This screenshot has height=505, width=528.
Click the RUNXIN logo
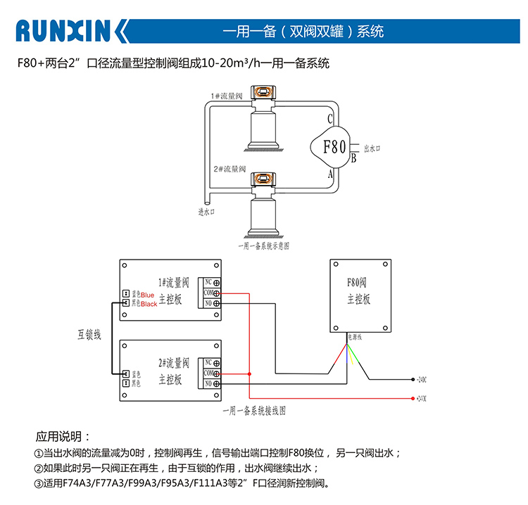pyautogui.click(x=71, y=32)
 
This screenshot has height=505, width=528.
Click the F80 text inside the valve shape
pyautogui.click(x=334, y=147)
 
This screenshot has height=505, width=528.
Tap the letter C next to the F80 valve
pyautogui.click(x=329, y=119)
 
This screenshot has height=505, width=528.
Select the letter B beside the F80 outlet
pyautogui.click(x=353, y=158)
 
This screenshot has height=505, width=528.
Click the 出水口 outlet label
pyautogui.click(x=372, y=149)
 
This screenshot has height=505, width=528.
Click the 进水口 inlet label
pyautogui.click(x=206, y=210)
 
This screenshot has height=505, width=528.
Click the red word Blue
pyautogui.click(x=147, y=295)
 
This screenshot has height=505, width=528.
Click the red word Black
pyautogui.click(x=149, y=304)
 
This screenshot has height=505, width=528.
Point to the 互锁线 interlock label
pyautogui.click(x=89, y=335)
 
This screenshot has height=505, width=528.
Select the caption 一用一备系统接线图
pyautogui.click(x=253, y=411)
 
